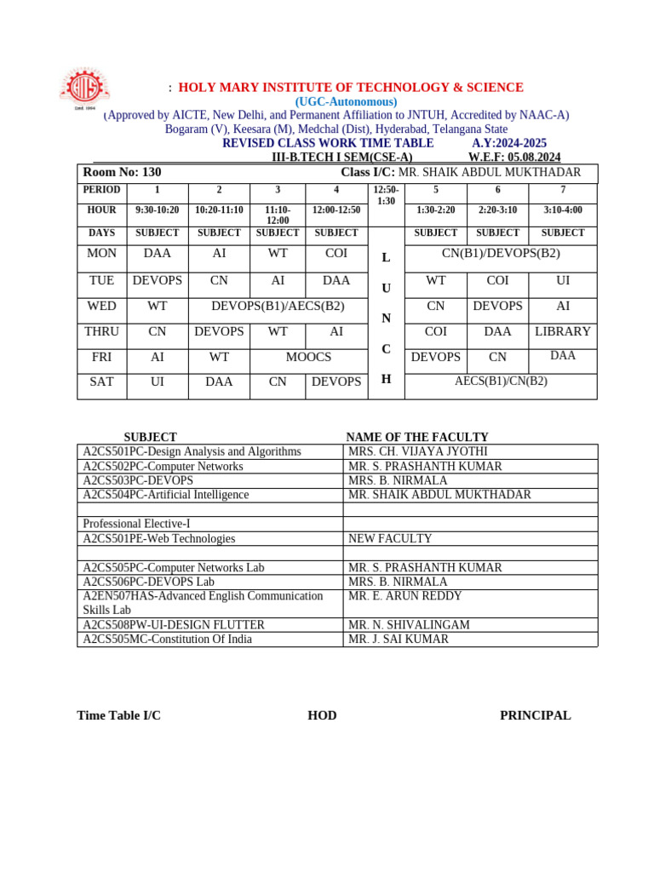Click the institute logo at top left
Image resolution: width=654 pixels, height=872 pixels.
pyautogui.click(x=84, y=89)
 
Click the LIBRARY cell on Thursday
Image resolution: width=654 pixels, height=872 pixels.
pyautogui.click(x=563, y=331)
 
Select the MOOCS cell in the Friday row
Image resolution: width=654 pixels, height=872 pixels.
pyautogui.click(x=308, y=357)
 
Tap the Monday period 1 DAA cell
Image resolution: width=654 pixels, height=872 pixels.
pyautogui.click(x=158, y=253)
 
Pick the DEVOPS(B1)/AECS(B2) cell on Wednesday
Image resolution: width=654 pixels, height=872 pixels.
pyautogui.click(x=278, y=306)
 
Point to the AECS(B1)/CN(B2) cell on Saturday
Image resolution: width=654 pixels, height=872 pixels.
pyautogui.click(x=501, y=381)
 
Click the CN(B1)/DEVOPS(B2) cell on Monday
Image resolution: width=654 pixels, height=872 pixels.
pyautogui.click(x=501, y=253)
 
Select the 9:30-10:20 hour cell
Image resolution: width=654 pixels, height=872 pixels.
pyautogui.click(x=158, y=209)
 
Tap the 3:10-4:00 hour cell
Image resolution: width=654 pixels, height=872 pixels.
pyautogui.click(x=563, y=209)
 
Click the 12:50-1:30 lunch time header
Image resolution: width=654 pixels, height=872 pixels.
pyautogui.click(x=386, y=195)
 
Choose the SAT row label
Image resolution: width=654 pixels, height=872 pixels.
pyautogui.click(x=101, y=381)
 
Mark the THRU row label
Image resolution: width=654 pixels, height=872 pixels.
pyautogui.click(x=101, y=331)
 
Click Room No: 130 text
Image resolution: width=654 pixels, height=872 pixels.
pyautogui.click(x=122, y=172)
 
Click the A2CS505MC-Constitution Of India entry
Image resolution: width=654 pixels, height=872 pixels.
pyautogui.click(x=167, y=639)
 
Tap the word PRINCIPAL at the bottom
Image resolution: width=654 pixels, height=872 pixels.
pyautogui.click(x=535, y=715)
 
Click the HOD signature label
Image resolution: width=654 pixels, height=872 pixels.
pyautogui.click(x=322, y=715)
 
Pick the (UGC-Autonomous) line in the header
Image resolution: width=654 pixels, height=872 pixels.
pyautogui.click(x=346, y=101)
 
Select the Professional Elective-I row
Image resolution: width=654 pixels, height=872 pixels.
pyautogui.click(x=136, y=524)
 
